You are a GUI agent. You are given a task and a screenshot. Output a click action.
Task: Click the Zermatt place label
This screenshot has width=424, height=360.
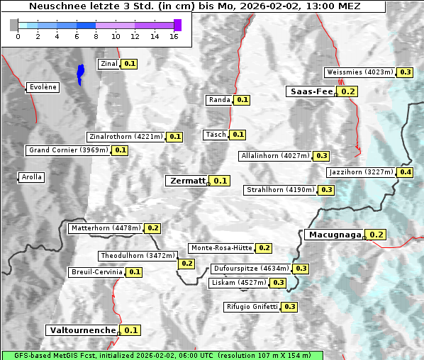(186, 181)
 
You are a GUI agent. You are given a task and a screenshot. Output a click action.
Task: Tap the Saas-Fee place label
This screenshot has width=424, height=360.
(311, 91)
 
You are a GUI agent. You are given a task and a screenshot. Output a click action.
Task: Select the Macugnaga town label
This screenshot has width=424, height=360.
(334, 235)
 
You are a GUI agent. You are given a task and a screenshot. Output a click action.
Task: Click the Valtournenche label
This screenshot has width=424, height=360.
(82, 330)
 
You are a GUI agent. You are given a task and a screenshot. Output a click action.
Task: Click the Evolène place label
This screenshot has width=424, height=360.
(42, 87)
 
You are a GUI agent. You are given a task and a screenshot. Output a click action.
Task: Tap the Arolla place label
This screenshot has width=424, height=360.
(32, 177)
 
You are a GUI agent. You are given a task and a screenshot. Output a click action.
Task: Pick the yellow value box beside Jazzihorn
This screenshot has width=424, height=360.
(406, 172)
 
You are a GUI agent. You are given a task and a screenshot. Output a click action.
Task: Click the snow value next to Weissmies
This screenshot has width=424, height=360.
(406, 72)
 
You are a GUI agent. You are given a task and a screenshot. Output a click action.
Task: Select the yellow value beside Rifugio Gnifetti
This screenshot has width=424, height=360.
(289, 307)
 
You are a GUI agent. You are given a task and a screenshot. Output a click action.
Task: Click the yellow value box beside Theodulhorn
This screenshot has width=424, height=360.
(186, 264)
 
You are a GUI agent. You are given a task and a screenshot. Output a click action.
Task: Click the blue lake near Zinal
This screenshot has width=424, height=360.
(80, 73)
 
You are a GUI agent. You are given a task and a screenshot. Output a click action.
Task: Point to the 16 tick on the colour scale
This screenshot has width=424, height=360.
(173, 36)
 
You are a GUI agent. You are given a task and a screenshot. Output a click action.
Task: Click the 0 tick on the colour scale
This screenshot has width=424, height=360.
(18, 36)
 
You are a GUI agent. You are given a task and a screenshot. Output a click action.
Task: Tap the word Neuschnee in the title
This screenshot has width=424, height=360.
(52, 6)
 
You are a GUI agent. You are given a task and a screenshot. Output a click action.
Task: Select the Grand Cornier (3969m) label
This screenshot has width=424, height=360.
(68, 150)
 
